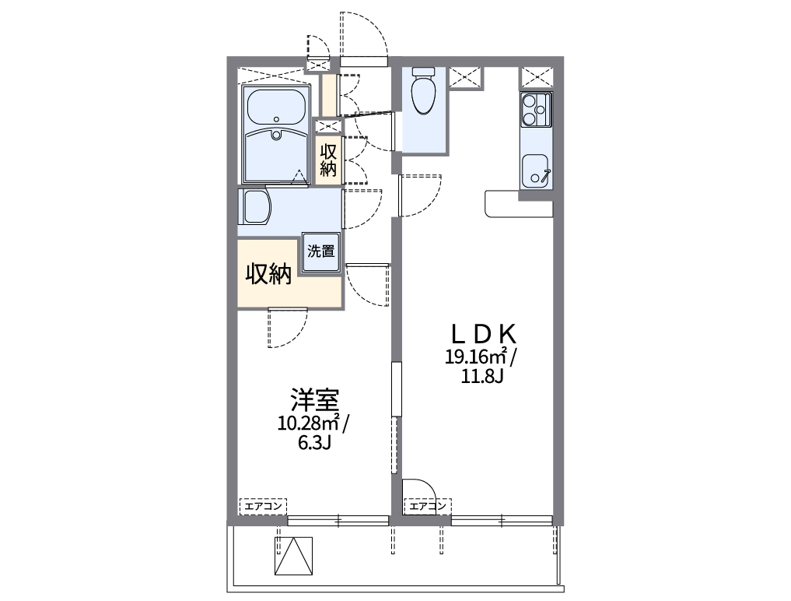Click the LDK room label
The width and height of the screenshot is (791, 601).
click(x=484, y=334)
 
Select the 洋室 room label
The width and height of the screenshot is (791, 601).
click(x=314, y=400)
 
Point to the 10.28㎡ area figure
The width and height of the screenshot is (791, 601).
click(x=308, y=424)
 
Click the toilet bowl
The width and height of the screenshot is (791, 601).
click(x=424, y=92)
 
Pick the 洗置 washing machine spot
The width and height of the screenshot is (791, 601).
click(x=320, y=253)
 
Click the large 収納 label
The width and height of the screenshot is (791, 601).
click(x=269, y=274)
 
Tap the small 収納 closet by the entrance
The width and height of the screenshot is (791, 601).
click(x=327, y=159)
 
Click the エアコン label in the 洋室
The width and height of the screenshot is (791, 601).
click(x=263, y=507)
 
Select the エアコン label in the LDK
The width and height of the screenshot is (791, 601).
click(x=427, y=507)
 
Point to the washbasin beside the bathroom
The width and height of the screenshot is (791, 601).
click(x=256, y=207)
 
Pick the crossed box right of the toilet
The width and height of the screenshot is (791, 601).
click(x=465, y=77)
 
